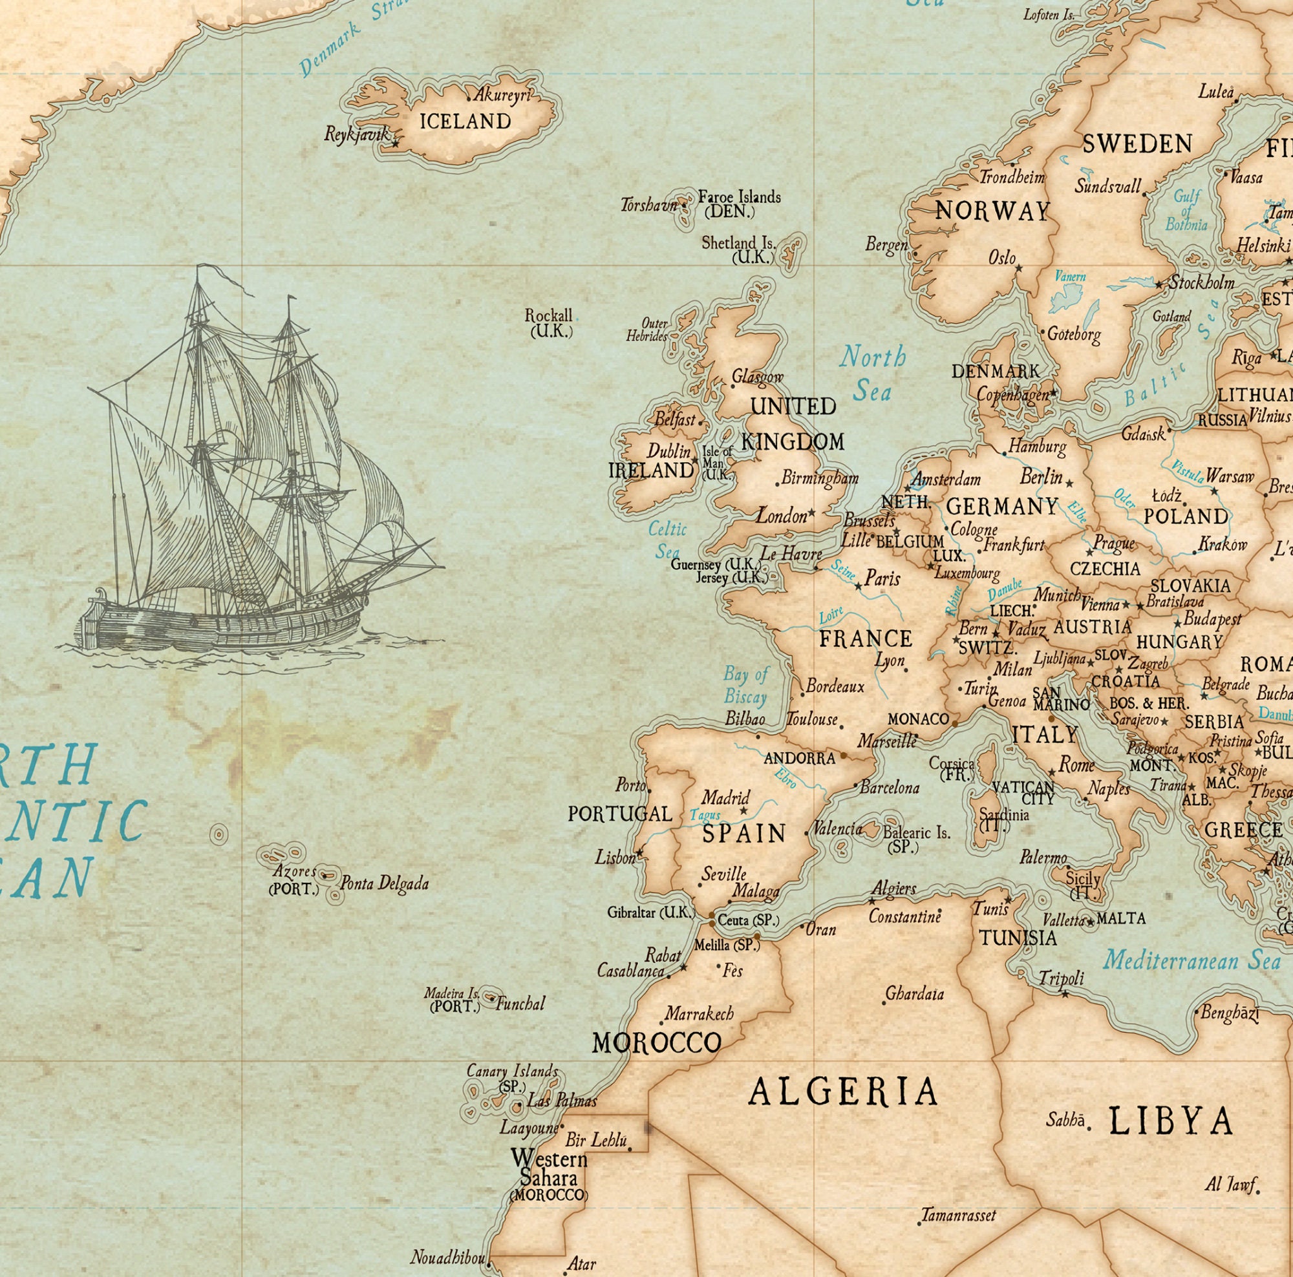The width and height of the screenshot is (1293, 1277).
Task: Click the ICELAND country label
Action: click(465, 121)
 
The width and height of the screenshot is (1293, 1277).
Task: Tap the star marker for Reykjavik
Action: click(395, 143)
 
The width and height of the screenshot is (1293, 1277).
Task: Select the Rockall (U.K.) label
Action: click(550, 322)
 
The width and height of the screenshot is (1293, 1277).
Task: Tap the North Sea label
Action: click(873, 373)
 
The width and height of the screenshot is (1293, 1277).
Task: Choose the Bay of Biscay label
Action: click(745, 685)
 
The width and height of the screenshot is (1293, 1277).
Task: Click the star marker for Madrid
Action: click(743, 811)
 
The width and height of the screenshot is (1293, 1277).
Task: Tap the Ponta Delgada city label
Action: click(384, 883)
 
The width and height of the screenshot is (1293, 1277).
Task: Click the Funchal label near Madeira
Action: click(520, 1003)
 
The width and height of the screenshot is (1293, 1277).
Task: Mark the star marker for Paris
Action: click(859, 587)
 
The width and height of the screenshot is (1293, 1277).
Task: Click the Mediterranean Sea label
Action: click(1192, 961)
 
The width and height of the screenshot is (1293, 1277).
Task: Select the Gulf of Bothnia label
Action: click(1186, 211)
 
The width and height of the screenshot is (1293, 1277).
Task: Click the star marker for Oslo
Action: click(1019, 268)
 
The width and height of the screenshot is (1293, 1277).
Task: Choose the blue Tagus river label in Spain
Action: click(705, 816)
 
